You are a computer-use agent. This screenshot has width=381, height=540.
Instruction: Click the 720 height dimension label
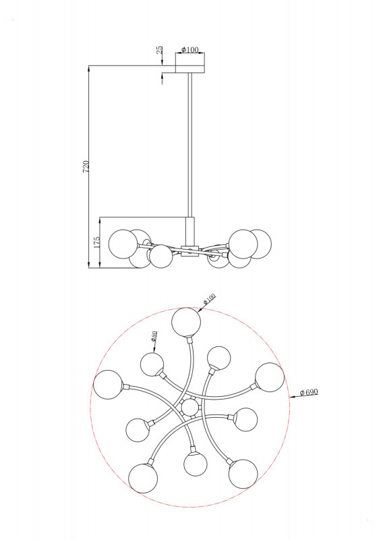point(86,167)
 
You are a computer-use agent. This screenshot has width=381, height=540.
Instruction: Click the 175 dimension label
point(96,242)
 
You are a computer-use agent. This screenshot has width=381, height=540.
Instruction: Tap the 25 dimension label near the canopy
point(160,49)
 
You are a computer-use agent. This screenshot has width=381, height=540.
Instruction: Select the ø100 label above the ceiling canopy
point(190,49)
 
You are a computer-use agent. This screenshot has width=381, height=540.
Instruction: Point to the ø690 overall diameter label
point(309,392)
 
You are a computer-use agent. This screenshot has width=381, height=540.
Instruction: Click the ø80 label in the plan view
point(154,335)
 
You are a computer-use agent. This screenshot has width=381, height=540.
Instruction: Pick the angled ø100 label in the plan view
point(209,298)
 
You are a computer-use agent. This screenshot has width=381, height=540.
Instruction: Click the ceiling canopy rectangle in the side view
point(190,69)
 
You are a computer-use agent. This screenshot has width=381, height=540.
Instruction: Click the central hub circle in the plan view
point(190,408)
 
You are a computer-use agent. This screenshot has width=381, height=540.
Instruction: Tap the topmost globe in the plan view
point(186,322)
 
